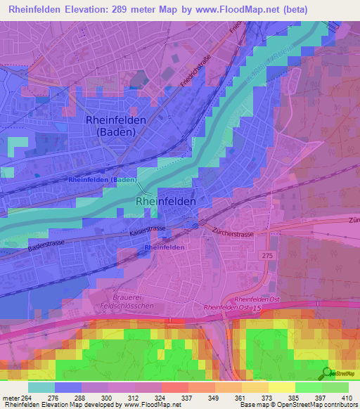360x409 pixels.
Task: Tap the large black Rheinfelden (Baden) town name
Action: tap(116, 126)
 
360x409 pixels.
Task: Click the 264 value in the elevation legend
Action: tap(28, 398)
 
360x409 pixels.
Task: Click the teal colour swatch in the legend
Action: tap(41, 387)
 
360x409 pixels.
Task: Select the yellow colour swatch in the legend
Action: tap(281, 387)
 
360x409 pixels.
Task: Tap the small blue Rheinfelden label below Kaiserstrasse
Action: tap(165, 248)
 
